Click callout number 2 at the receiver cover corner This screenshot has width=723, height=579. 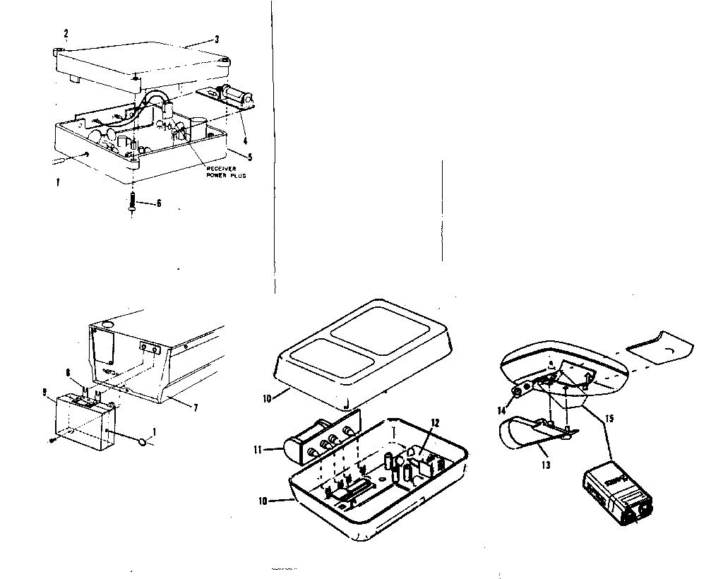pyautogui.click(x=66, y=33)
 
